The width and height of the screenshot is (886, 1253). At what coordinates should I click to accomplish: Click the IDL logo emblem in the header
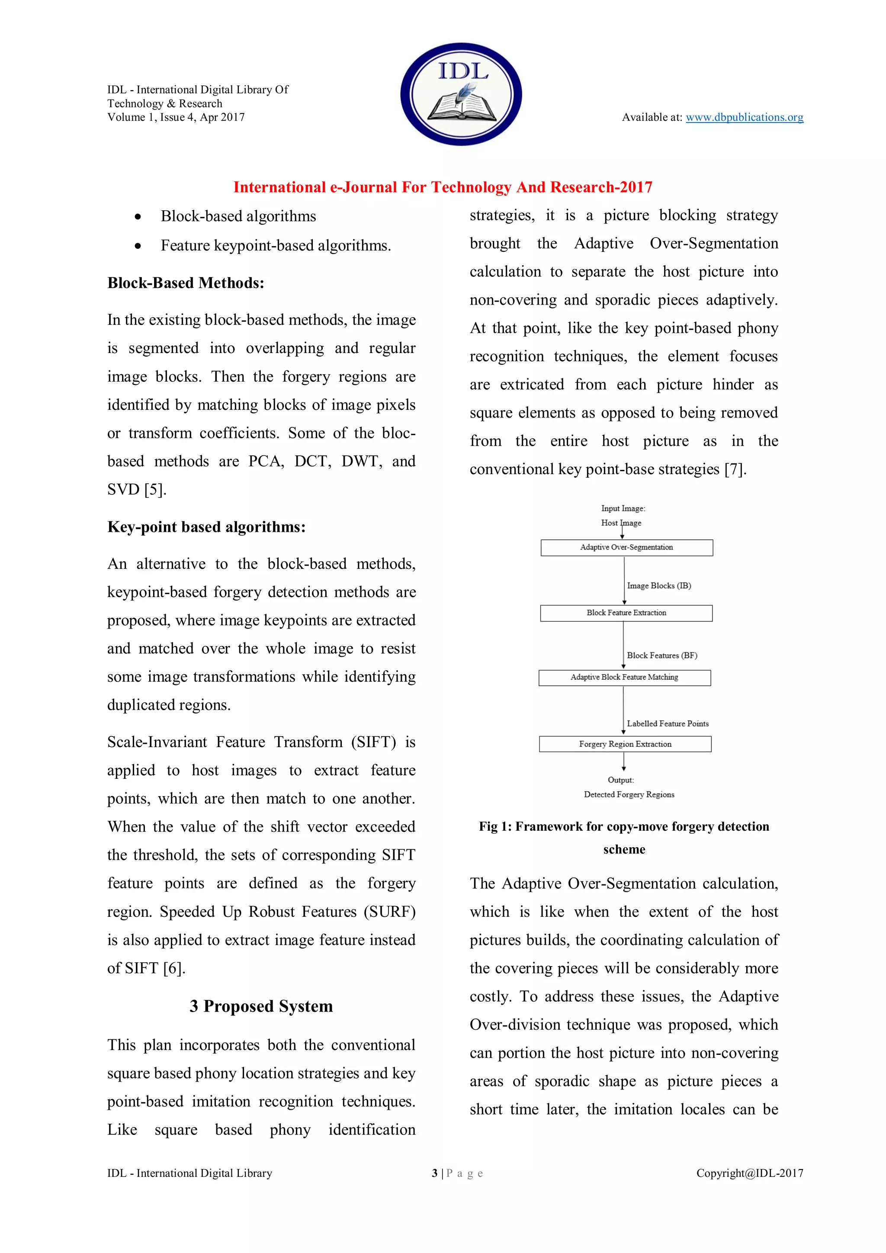(461, 94)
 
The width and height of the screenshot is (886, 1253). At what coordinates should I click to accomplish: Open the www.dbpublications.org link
(744, 117)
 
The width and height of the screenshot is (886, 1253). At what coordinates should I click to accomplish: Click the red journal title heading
(443, 187)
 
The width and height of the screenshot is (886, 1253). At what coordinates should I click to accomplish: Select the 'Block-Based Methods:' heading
(186, 283)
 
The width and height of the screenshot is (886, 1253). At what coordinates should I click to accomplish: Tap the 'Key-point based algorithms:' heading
(206, 527)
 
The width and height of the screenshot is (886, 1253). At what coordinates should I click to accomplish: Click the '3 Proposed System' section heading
(261, 1006)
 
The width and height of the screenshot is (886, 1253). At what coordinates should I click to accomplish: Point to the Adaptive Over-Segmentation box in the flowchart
(626, 547)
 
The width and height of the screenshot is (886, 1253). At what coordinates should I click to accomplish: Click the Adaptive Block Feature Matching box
(624, 677)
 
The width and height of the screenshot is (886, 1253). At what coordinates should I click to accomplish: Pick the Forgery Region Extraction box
(625, 744)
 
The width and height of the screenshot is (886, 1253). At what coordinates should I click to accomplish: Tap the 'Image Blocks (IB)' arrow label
(658, 585)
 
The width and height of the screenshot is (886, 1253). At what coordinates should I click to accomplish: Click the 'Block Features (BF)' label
(662, 655)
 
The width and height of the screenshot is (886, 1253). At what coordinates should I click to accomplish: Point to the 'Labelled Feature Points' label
(667, 724)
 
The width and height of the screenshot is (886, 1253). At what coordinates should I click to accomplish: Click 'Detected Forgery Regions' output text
(629, 794)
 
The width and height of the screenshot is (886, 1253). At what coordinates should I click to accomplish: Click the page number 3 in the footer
(434, 1173)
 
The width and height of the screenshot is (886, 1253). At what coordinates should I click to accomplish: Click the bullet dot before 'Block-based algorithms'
(138, 217)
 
